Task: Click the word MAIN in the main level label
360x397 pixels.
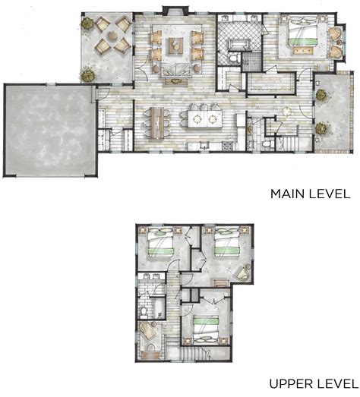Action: pyautogui.click(x=288, y=194)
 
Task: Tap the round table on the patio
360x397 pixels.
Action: pyautogui.click(x=112, y=36)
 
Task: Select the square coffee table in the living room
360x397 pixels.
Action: pyautogui.click(x=175, y=46)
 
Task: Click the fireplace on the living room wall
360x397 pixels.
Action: pyautogui.click(x=175, y=10)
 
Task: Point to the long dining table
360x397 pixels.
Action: pyautogui.click(x=157, y=123)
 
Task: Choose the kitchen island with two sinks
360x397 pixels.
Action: pyautogui.click(x=205, y=118)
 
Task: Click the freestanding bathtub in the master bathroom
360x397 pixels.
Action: pyautogui.click(x=239, y=44)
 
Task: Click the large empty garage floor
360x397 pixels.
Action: pyautogui.click(x=50, y=130)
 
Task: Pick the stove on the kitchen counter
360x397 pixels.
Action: pyautogui.click(x=226, y=146)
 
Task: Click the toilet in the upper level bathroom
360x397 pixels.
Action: pyautogui.click(x=144, y=313)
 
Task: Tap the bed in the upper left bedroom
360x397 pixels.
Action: pyautogui.click(x=160, y=242)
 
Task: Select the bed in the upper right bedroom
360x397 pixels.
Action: pyautogui.click(x=227, y=242)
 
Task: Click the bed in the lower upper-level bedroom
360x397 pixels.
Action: pyautogui.click(x=206, y=330)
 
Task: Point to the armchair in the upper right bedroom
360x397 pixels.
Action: pyautogui.click(x=242, y=273)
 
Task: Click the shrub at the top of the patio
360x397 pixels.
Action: pyautogui.click(x=87, y=24)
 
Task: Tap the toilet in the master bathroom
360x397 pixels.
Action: pyautogui.click(x=234, y=58)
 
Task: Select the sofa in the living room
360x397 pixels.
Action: pyautogui.click(x=176, y=70)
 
